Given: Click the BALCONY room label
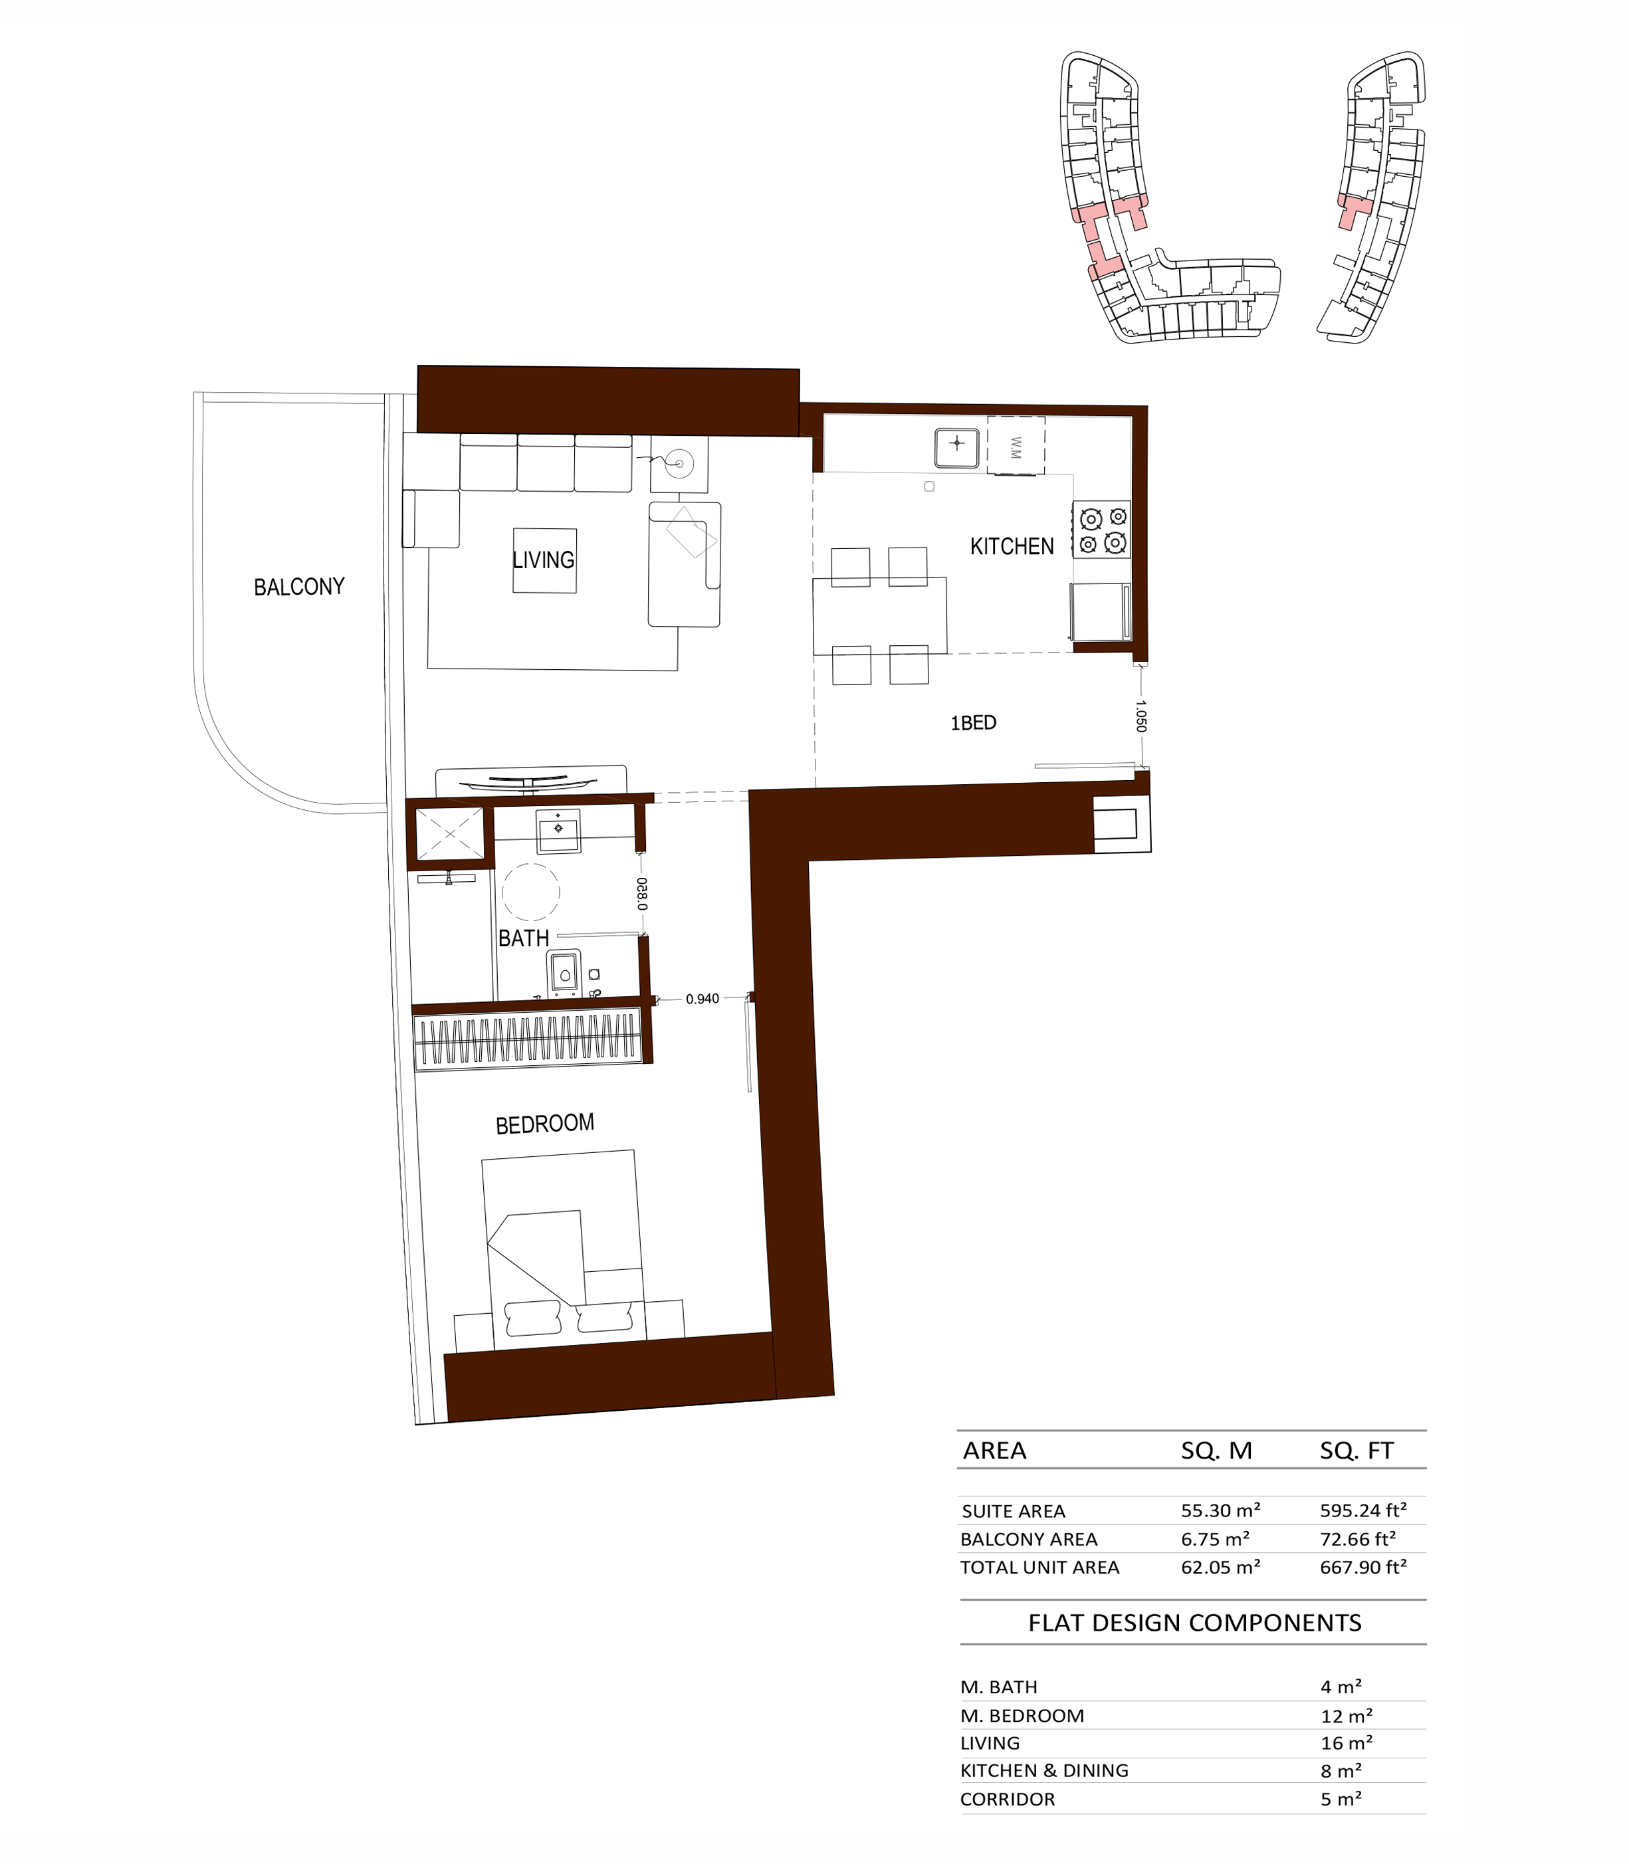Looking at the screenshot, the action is pyautogui.click(x=299, y=587).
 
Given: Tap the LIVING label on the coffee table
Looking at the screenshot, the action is pyautogui.click(x=544, y=560).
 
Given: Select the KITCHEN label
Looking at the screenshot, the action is pyautogui.click(x=1012, y=546).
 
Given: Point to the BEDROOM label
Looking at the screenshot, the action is pyautogui.click(x=544, y=1124).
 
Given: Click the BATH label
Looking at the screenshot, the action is pyautogui.click(x=524, y=938).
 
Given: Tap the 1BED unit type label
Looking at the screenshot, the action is pyautogui.click(x=974, y=722).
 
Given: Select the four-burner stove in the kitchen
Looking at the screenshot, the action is pyautogui.click(x=1103, y=529).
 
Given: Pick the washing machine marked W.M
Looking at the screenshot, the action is pyautogui.click(x=1016, y=445).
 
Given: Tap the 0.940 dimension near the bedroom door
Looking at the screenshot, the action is pyautogui.click(x=702, y=999).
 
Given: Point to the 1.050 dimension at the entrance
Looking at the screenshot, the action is pyautogui.click(x=1141, y=715).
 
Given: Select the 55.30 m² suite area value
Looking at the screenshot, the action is pyautogui.click(x=1220, y=1510).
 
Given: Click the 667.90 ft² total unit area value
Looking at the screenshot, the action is pyautogui.click(x=1364, y=1567).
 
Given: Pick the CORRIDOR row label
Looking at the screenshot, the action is pyautogui.click(x=1007, y=1799).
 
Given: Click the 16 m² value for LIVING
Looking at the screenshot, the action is pyautogui.click(x=1347, y=1742).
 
